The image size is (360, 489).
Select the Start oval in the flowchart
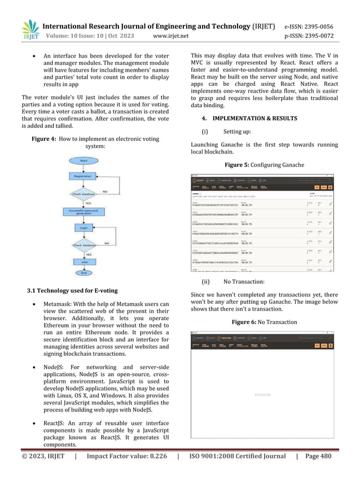(x=84, y=160)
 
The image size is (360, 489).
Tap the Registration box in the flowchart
(x=84, y=176)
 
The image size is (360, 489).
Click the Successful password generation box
(x=84, y=213)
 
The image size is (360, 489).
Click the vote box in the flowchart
(x=84, y=263)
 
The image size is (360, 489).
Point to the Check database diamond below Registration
(x=84, y=194)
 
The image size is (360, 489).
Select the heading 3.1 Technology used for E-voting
(x=72, y=290)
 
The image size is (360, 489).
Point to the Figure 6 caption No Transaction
(x=265, y=322)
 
